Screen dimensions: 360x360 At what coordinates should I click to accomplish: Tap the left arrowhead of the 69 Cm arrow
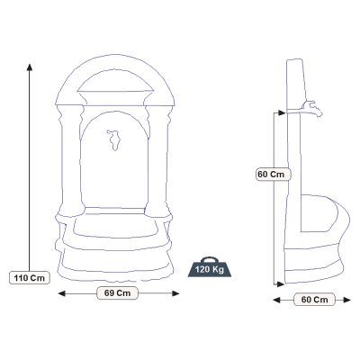[x=60, y=292]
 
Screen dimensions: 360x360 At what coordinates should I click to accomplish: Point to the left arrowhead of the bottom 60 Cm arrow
[x=280, y=298]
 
